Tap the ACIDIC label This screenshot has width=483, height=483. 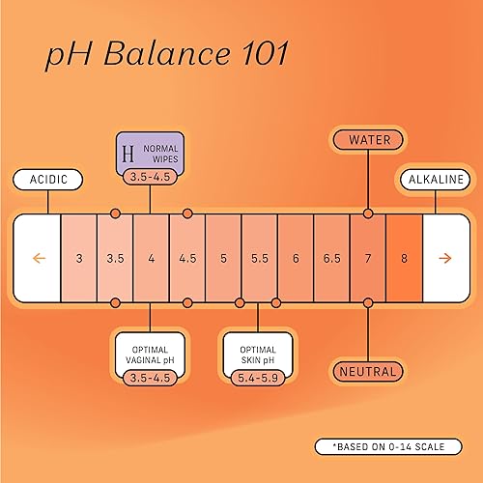(x=48, y=180)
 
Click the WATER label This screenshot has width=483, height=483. (x=367, y=139)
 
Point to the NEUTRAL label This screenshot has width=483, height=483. (x=367, y=371)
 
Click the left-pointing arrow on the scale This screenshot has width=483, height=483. (x=39, y=258)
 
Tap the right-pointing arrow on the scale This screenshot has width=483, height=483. (x=444, y=258)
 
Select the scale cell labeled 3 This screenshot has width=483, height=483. (x=78, y=258)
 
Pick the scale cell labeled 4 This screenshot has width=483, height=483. (x=151, y=258)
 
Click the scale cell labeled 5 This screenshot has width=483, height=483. (x=223, y=258)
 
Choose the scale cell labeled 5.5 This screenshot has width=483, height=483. (x=259, y=258)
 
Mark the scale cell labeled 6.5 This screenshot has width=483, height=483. (x=331, y=258)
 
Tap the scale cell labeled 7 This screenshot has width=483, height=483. (x=367, y=258)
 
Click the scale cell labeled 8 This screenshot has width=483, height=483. (x=404, y=258)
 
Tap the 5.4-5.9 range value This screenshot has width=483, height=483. (x=258, y=374)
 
